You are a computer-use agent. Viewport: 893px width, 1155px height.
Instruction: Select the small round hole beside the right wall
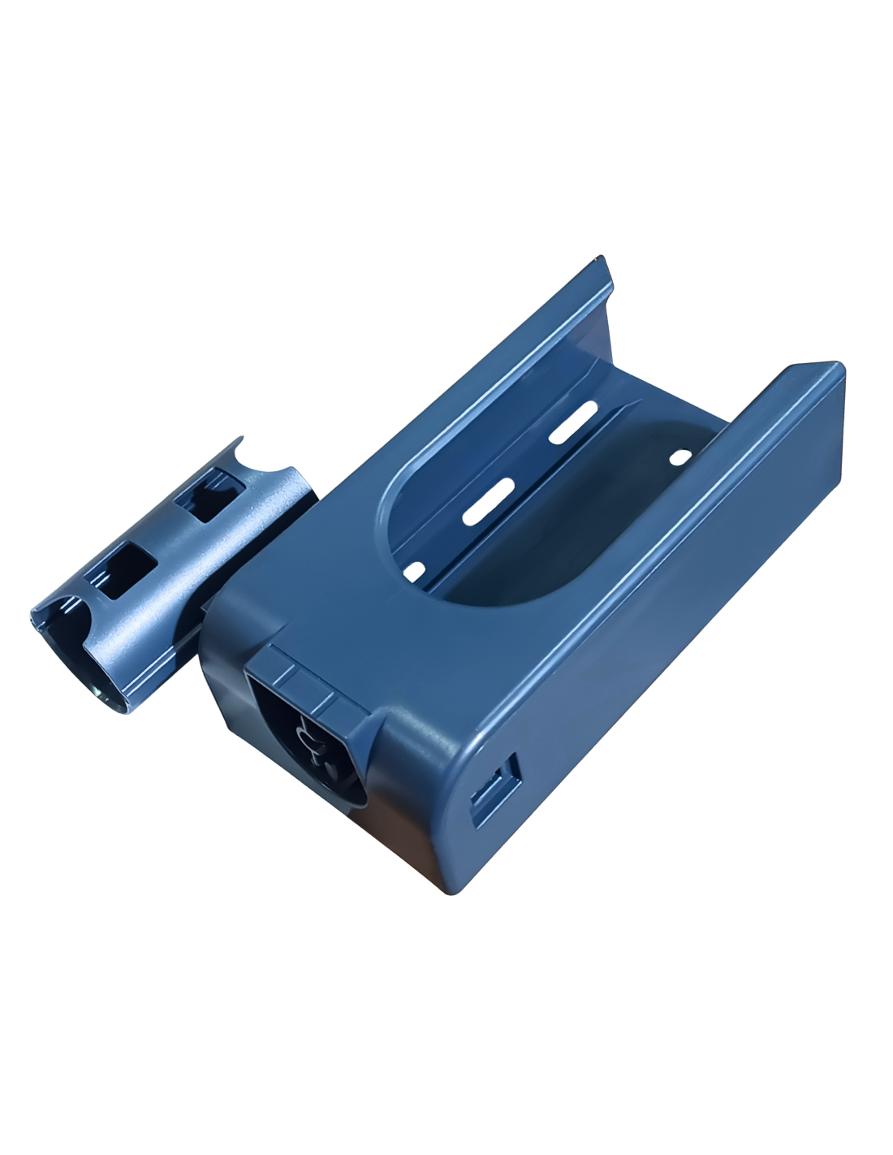point(676,458)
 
